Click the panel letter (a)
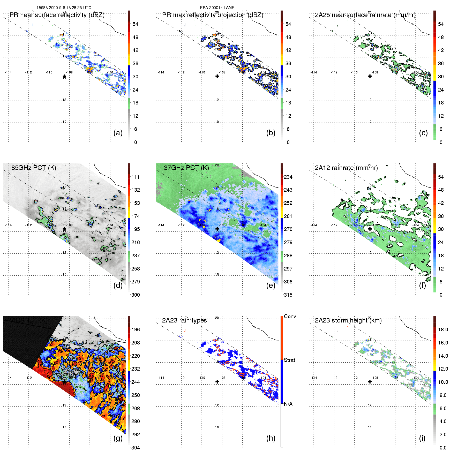[x=118, y=133]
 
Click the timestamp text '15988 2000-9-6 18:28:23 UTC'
[x=64, y=8]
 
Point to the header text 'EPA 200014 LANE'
[x=217, y=8]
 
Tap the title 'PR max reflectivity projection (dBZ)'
[x=213, y=15]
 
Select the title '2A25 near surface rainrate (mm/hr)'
[x=365, y=15]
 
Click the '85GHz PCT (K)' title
[x=34, y=168]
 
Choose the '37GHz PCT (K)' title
[x=186, y=168]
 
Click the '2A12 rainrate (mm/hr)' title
[x=346, y=168]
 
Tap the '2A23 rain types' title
[x=184, y=320]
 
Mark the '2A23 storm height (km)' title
[x=348, y=320]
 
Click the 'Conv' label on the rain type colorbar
[x=290, y=317]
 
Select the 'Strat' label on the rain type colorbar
[x=289, y=360]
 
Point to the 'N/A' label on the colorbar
[x=288, y=404]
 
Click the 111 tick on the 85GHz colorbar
[x=136, y=177]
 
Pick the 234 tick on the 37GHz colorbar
[x=288, y=177]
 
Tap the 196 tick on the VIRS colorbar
[x=136, y=330]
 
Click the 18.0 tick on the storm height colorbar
[x=443, y=330]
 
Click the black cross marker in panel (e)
[x=217, y=229]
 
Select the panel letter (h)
[x=271, y=438]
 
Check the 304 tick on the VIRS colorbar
[x=136, y=448]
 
